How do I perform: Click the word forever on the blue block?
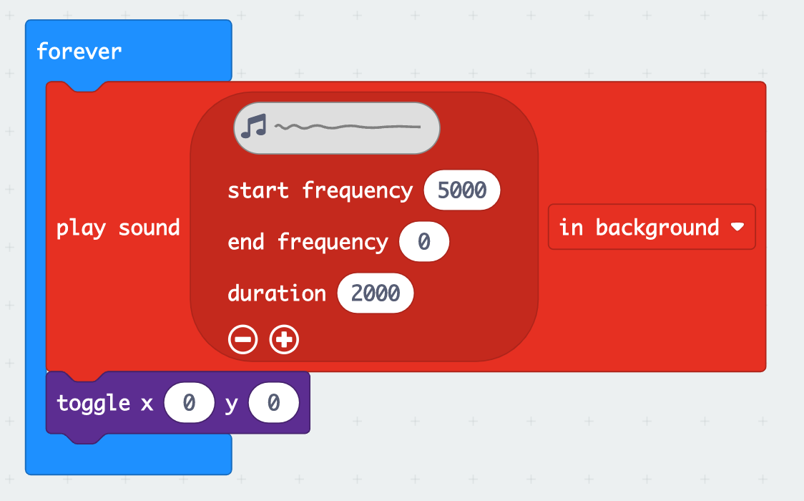click(x=79, y=52)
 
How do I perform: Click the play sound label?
click(x=118, y=228)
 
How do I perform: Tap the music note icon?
click(x=253, y=127)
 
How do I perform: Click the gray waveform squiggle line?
click(x=348, y=127)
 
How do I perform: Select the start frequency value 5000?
click(x=461, y=190)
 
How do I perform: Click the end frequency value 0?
click(x=423, y=242)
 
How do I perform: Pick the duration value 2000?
click(x=376, y=293)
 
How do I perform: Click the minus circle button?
click(x=243, y=340)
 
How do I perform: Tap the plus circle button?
click(x=284, y=340)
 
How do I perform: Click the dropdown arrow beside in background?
click(x=737, y=228)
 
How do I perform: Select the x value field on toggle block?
click(x=189, y=404)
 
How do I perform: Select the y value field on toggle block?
click(x=273, y=404)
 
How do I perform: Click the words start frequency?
click(x=320, y=190)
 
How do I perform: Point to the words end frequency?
click(x=308, y=242)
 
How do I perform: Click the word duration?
click(x=277, y=293)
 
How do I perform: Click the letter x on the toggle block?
click(x=147, y=404)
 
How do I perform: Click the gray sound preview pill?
click(x=336, y=127)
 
